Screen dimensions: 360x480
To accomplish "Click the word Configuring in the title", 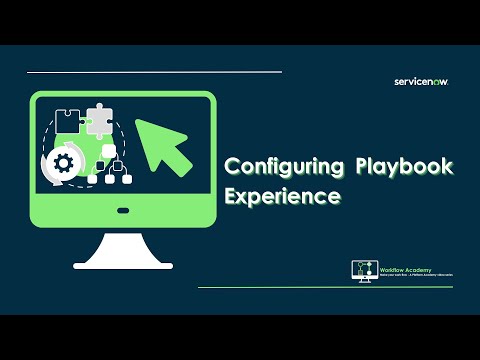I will (283, 165).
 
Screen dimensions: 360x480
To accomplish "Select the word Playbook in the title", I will (398, 165).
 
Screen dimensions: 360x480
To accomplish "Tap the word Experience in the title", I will (282, 195).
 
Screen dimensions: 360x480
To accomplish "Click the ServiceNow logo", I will (422, 83).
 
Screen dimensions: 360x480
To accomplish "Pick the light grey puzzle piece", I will (97, 119).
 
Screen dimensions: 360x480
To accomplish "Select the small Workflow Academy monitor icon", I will (365, 271).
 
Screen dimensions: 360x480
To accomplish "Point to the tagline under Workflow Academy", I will (413, 276).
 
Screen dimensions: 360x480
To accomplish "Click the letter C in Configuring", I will (232, 165).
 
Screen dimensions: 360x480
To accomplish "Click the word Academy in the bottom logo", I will (421, 270).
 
